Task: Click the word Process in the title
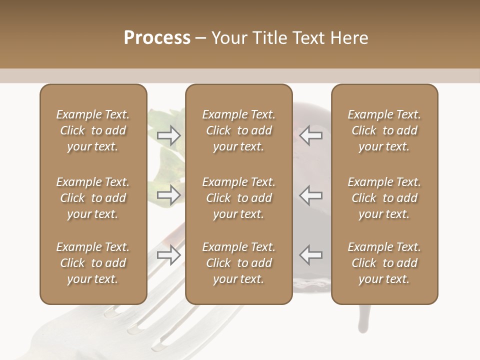click(157, 38)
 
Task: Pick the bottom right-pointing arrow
click(169, 254)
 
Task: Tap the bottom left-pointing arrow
click(310, 254)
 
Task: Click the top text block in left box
click(93, 130)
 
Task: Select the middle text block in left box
click(93, 198)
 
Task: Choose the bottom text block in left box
click(93, 263)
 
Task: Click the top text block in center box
click(238, 130)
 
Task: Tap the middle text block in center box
click(238, 198)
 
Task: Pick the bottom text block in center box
click(238, 263)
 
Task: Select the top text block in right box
click(384, 130)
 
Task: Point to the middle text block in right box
click(384, 198)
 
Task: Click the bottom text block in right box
click(384, 263)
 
